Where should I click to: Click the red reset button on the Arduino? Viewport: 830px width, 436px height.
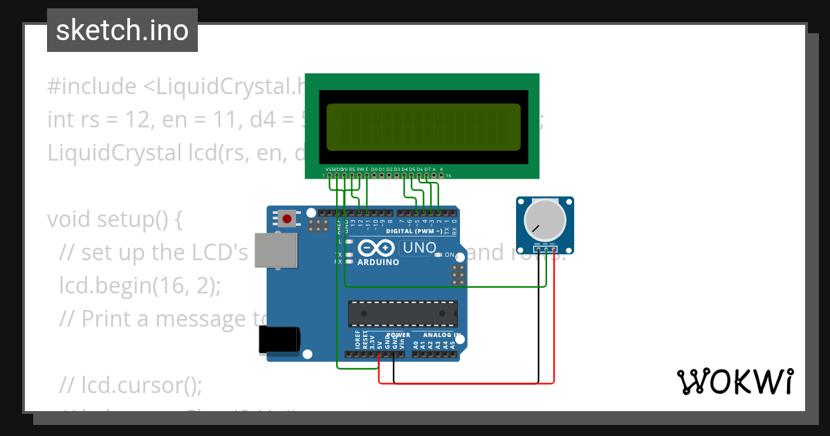point(286,219)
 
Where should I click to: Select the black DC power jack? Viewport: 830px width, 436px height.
point(279,340)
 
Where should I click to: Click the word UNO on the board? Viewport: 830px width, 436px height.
point(419,248)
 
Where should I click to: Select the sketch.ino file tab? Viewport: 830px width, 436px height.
point(122,30)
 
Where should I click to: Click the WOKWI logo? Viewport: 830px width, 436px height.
point(735,381)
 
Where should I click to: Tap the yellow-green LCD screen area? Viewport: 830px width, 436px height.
point(423,127)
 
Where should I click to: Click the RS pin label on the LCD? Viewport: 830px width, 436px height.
point(352,169)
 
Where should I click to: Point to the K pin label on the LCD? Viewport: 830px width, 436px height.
point(441,169)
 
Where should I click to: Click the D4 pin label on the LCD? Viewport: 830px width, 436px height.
point(405,169)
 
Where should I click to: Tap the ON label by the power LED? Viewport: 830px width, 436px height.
point(449,255)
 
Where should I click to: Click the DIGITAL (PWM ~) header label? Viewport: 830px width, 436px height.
point(414,231)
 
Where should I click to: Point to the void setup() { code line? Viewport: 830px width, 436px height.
point(114,219)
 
